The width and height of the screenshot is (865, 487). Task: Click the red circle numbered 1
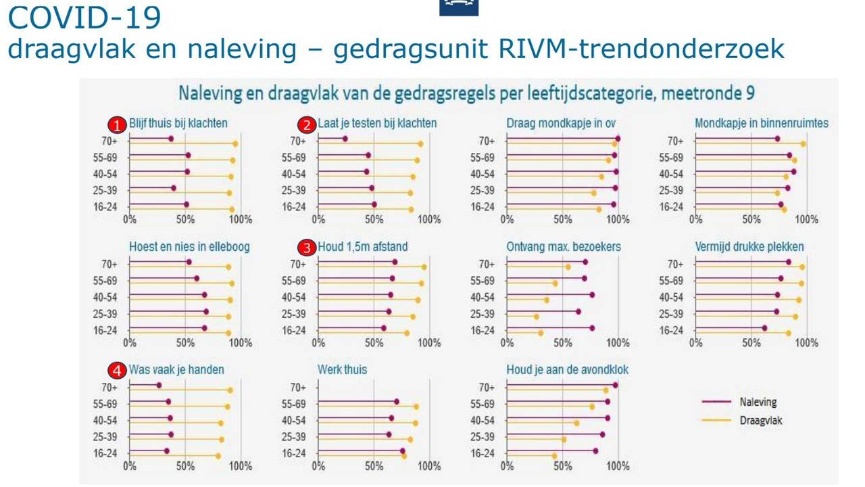(118, 124)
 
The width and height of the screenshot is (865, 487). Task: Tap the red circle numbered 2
(307, 124)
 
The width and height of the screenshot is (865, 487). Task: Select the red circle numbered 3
(307, 248)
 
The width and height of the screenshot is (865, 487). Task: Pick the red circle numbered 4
(118, 371)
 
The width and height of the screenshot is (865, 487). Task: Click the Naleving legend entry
(758, 402)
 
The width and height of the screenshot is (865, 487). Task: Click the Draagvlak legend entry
(760, 420)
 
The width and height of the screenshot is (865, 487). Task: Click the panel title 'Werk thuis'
(342, 370)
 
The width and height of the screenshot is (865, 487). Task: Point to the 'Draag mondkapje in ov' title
(560, 123)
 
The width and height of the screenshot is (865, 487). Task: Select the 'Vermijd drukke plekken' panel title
(749, 247)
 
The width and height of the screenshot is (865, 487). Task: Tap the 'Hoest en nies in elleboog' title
(189, 247)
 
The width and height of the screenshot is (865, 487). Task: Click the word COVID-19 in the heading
(84, 18)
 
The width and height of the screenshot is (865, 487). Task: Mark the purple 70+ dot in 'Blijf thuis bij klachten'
(170, 139)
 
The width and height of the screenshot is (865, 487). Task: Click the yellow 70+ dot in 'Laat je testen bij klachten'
(420, 143)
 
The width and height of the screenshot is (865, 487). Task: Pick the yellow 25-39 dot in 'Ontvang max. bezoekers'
(537, 317)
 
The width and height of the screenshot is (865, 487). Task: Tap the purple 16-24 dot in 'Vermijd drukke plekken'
(764, 328)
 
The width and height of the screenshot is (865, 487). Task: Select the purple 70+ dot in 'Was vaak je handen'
(159, 385)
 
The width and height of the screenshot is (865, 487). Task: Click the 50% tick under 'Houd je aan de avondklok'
(562, 466)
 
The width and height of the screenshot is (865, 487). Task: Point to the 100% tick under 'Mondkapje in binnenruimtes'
(806, 219)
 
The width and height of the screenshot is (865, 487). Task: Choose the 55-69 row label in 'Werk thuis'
(294, 404)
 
